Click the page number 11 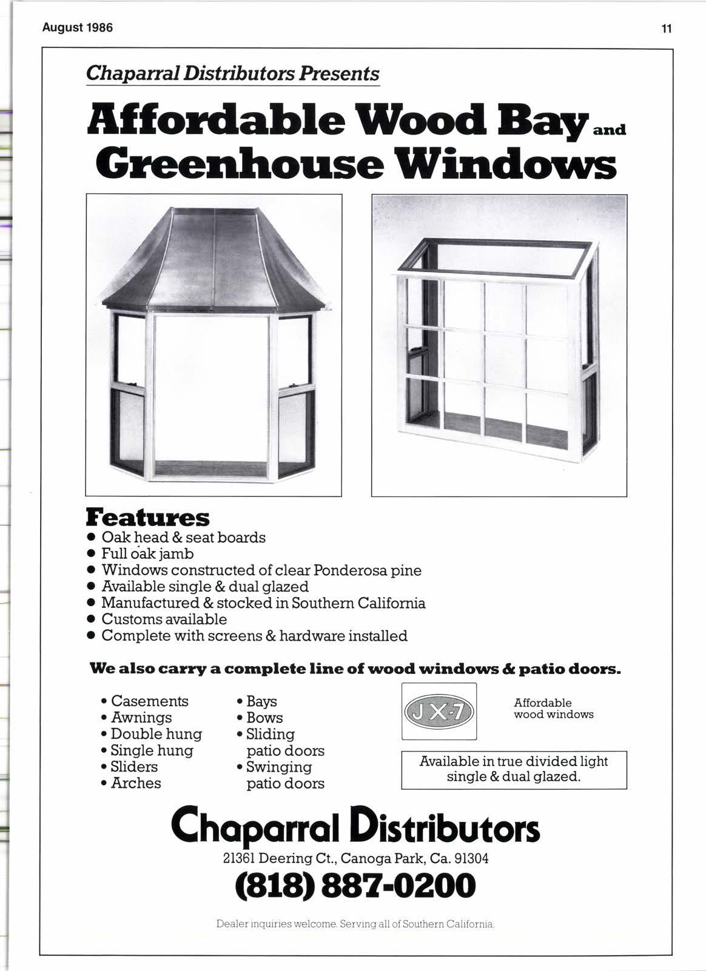(x=667, y=28)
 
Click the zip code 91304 (x=471, y=859)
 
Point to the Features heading (x=148, y=518)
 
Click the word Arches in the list (x=136, y=783)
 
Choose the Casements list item (x=149, y=701)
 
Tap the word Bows (x=264, y=718)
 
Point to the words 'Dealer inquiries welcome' (x=277, y=925)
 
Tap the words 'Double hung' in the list (x=156, y=734)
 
